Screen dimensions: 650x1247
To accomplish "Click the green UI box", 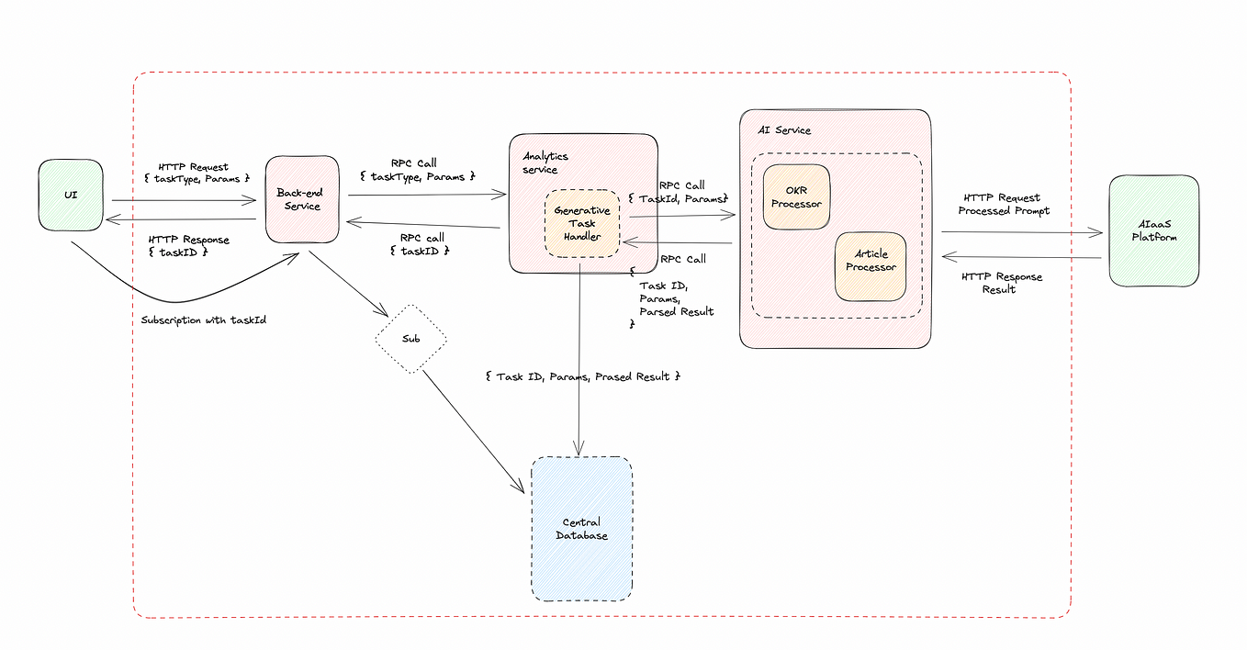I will tap(71, 196).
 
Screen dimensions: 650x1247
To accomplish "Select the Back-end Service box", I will tap(302, 199).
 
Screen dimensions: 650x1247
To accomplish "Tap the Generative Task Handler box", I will tap(582, 223).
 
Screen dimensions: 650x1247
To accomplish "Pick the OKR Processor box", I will tap(796, 196).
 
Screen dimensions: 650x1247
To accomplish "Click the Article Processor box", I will tap(870, 266).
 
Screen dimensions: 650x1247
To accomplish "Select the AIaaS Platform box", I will tap(1153, 230).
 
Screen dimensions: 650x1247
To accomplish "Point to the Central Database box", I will tap(581, 529).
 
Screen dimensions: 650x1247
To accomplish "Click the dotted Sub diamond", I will tap(410, 339).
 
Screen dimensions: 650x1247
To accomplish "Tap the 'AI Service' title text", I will tap(784, 130).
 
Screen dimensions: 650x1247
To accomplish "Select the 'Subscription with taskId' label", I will tap(204, 321).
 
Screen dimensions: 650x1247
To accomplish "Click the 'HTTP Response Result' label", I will tap(1001, 283).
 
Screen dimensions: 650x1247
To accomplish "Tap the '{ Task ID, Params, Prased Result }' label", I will tap(582, 376).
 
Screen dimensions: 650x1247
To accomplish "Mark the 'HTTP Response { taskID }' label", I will tap(188, 245).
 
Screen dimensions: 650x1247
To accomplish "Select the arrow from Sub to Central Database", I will tap(474, 431).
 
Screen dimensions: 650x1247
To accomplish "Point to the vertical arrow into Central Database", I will tap(579, 367).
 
